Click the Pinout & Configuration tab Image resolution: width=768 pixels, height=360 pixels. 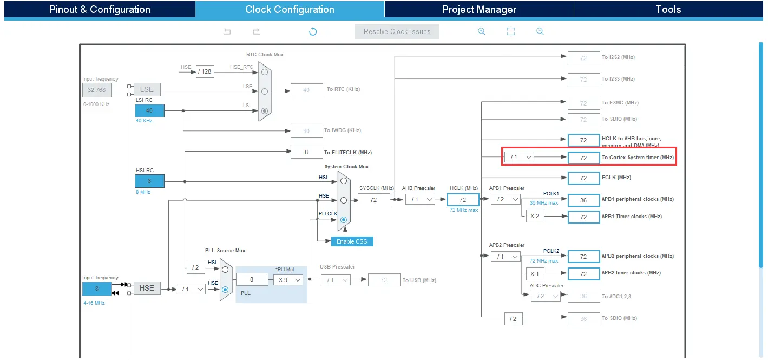click(x=100, y=9)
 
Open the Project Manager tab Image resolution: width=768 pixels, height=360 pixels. click(x=479, y=9)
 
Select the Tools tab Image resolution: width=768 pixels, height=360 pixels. click(x=668, y=9)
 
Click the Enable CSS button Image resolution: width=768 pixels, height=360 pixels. click(x=352, y=241)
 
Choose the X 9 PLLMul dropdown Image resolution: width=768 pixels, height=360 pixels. click(x=287, y=280)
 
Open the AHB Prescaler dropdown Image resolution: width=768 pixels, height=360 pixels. click(x=421, y=199)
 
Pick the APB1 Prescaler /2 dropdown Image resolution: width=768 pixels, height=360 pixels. click(x=506, y=199)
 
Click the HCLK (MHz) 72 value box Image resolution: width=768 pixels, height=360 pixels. click(x=463, y=199)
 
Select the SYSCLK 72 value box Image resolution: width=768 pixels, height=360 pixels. click(x=373, y=200)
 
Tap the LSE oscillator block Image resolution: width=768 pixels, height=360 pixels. click(x=147, y=90)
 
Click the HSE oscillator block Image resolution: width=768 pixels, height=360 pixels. click(x=147, y=289)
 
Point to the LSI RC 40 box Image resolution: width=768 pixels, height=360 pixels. click(x=149, y=110)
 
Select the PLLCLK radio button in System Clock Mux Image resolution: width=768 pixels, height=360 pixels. click(x=343, y=220)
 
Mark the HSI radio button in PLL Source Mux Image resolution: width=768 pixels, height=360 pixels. click(x=225, y=269)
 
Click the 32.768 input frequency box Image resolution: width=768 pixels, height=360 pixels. click(x=97, y=90)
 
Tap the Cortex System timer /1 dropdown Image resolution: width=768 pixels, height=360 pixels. click(x=519, y=157)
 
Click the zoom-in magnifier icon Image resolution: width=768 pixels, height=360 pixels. click(x=481, y=31)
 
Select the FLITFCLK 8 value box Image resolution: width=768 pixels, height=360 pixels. click(x=306, y=152)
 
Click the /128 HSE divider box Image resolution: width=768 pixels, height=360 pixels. click(x=205, y=71)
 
